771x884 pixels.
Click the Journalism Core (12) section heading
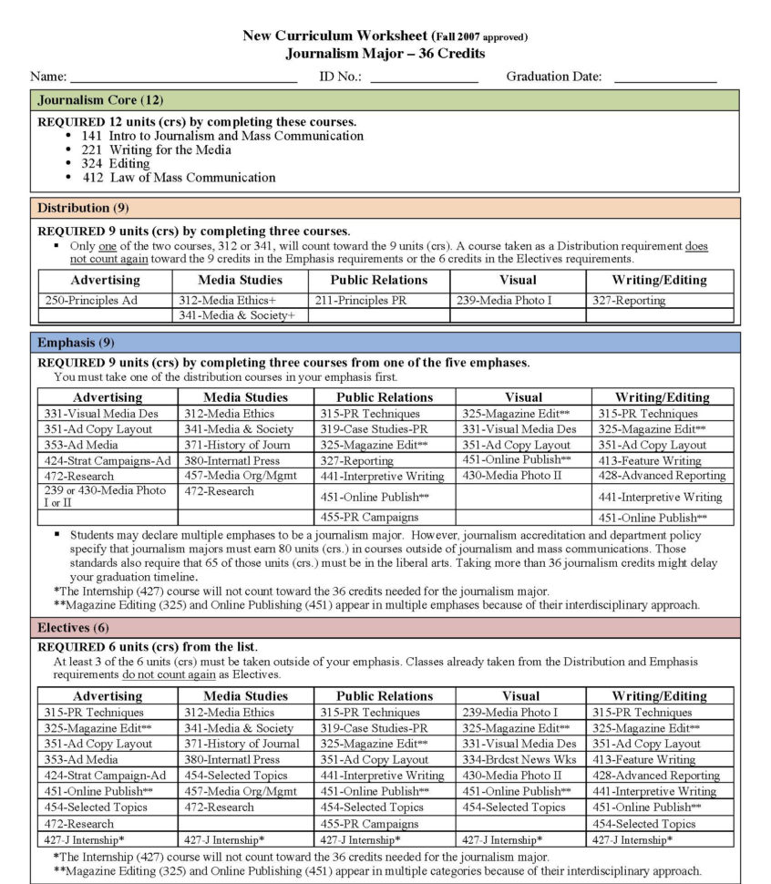pyautogui.click(x=100, y=99)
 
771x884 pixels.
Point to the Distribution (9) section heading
pyautogui.click(x=83, y=207)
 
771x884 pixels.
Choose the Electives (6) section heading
pyautogui.click(x=73, y=628)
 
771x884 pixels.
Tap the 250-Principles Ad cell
pyautogui.click(x=93, y=300)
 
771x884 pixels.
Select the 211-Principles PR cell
pyautogui.click(x=362, y=300)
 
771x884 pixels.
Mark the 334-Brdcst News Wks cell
pyautogui.click(x=519, y=759)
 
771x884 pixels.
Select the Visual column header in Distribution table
pyautogui.click(x=518, y=280)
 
